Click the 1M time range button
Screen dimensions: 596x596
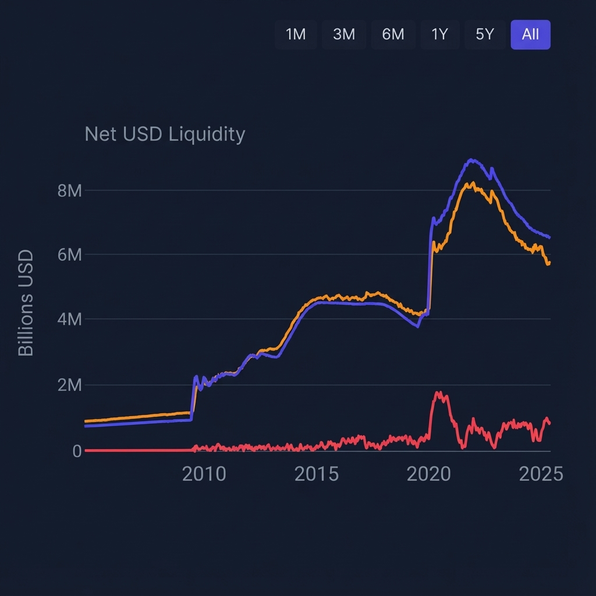296,35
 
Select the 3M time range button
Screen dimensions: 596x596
344,35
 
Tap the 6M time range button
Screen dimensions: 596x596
393,35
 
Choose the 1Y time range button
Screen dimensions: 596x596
439,35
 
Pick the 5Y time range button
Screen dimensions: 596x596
484,35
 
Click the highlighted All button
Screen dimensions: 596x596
530,35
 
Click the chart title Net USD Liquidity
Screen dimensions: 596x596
165,134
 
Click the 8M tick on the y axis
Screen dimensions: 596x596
69,190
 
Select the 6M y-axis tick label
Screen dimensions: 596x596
69,255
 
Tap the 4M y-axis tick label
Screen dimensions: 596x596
69,320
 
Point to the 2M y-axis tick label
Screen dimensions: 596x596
69,385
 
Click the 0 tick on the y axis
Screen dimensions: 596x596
77,450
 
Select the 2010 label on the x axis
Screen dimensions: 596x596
204,474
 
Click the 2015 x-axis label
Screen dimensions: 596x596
316,474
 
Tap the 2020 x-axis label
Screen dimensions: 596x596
428,474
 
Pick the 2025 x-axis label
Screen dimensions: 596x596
541,474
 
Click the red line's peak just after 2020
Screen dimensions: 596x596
439,393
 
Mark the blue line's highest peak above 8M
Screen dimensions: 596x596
472,160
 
